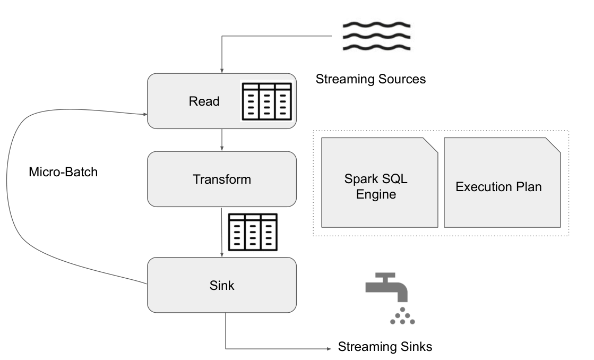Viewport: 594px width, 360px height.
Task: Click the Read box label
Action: tap(204, 101)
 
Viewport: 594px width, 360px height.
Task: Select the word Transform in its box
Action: tap(221, 179)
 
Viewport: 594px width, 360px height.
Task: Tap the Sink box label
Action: tap(221, 286)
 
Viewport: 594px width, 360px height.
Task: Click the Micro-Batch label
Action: tap(63, 172)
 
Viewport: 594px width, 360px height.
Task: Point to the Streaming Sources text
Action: tap(371, 80)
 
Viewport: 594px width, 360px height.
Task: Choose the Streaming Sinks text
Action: tap(385, 347)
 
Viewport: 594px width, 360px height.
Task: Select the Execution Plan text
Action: tap(498, 187)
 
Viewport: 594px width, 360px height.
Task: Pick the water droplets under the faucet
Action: tap(402, 315)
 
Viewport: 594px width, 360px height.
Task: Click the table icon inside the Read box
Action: tap(266, 100)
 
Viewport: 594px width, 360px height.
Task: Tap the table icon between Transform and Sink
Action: tap(252, 232)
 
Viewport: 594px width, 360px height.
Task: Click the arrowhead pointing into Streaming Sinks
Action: tap(327, 349)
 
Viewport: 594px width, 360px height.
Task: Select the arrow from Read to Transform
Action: tap(221, 140)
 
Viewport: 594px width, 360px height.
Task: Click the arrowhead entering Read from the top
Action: tap(221, 70)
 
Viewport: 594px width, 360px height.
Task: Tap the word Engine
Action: tap(376, 194)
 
